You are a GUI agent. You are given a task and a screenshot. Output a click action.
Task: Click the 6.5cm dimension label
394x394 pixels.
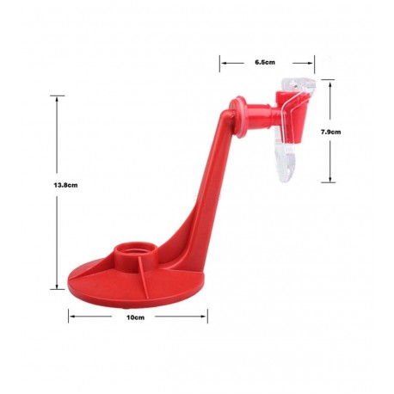click(265, 63)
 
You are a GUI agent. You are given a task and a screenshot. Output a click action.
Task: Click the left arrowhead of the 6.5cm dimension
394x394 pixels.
click(223, 62)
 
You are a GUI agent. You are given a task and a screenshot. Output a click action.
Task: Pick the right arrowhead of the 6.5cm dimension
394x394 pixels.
click(309, 62)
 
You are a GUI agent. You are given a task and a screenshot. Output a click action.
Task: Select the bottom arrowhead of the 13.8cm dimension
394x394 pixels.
click(59, 290)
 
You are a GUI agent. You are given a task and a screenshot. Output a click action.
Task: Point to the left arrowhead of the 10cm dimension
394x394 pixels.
click(71, 317)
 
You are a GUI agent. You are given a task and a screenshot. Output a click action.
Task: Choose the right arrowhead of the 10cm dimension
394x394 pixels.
click(204, 317)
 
